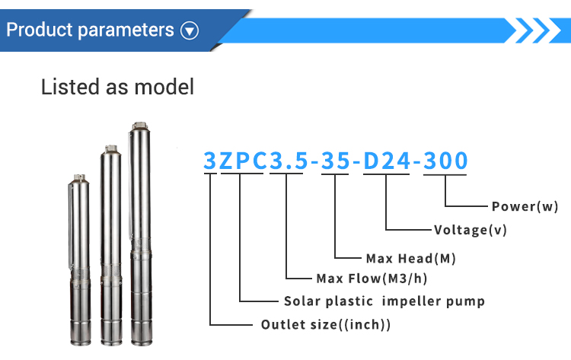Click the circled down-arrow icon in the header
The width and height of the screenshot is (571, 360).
[190, 30]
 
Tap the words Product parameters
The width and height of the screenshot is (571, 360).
[90, 30]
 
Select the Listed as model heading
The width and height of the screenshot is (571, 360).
[117, 87]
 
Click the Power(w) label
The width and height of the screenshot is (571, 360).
[525, 206]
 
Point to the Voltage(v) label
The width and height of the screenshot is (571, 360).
[471, 230]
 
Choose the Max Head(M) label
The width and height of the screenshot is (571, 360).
[411, 259]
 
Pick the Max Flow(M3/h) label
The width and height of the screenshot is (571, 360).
[372, 279]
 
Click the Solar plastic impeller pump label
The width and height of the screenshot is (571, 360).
[384, 301]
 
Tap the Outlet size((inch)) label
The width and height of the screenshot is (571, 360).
[326, 325]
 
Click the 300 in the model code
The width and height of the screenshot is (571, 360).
[445, 161]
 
